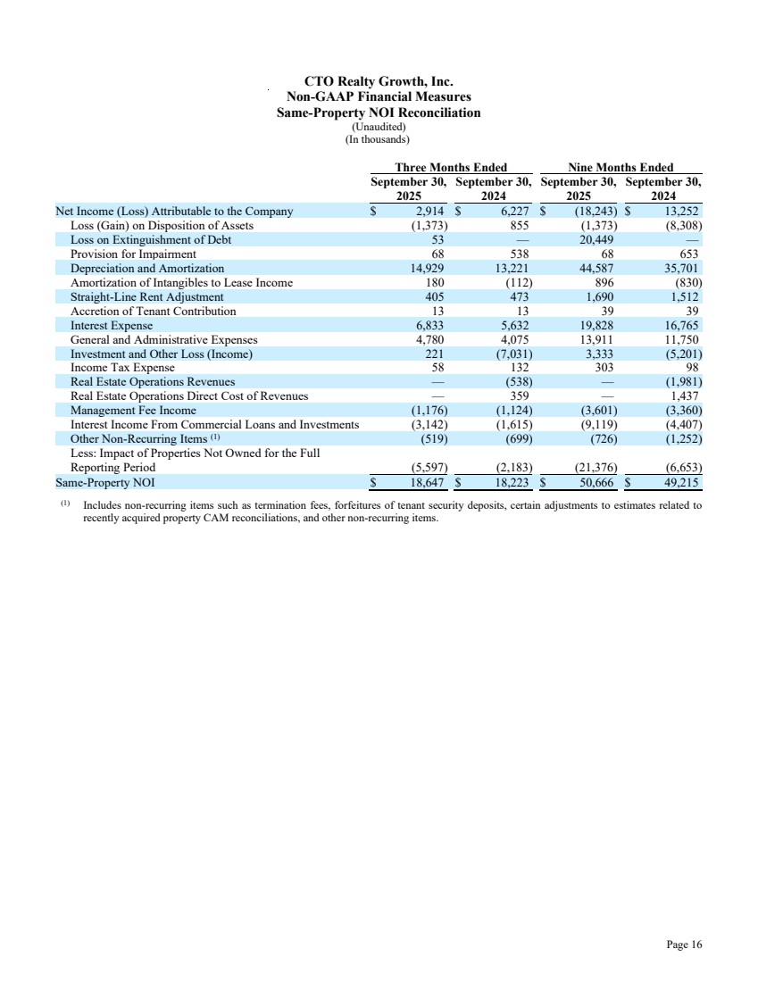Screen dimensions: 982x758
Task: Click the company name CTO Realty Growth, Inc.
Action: pyautogui.click(x=379, y=82)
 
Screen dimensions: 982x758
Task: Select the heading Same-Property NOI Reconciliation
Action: pyautogui.click(x=379, y=112)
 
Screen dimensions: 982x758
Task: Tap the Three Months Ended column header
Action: pyautogui.click(x=451, y=167)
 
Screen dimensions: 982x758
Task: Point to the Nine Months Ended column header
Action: pyautogui.click(x=621, y=167)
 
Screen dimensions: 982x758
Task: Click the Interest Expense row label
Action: pyautogui.click(x=112, y=326)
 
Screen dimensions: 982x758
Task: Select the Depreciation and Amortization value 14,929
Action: pyautogui.click(x=425, y=269)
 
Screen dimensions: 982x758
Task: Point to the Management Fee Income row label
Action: pyautogui.click(x=133, y=411)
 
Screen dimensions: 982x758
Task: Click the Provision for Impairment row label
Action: pyautogui.click(x=133, y=254)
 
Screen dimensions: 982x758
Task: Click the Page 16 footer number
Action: pyautogui.click(x=684, y=945)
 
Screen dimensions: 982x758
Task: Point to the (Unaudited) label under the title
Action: pyautogui.click(x=379, y=127)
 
